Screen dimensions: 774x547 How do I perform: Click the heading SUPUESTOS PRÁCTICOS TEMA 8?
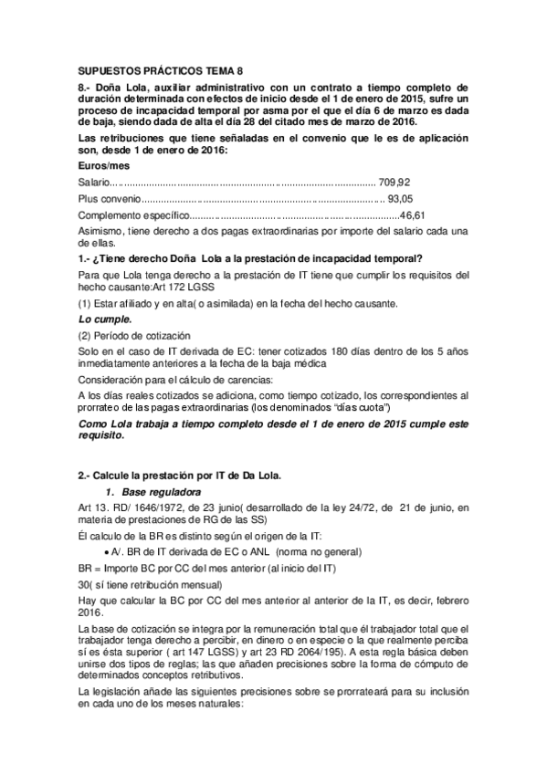click(x=161, y=70)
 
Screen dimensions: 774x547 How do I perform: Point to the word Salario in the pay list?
click(x=95, y=183)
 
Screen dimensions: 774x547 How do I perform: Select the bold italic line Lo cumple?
click(x=105, y=319)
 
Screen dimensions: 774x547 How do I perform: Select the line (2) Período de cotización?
click(x=131, y=336)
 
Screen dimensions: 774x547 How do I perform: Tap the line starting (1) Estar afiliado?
click(x=238, y=303)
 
